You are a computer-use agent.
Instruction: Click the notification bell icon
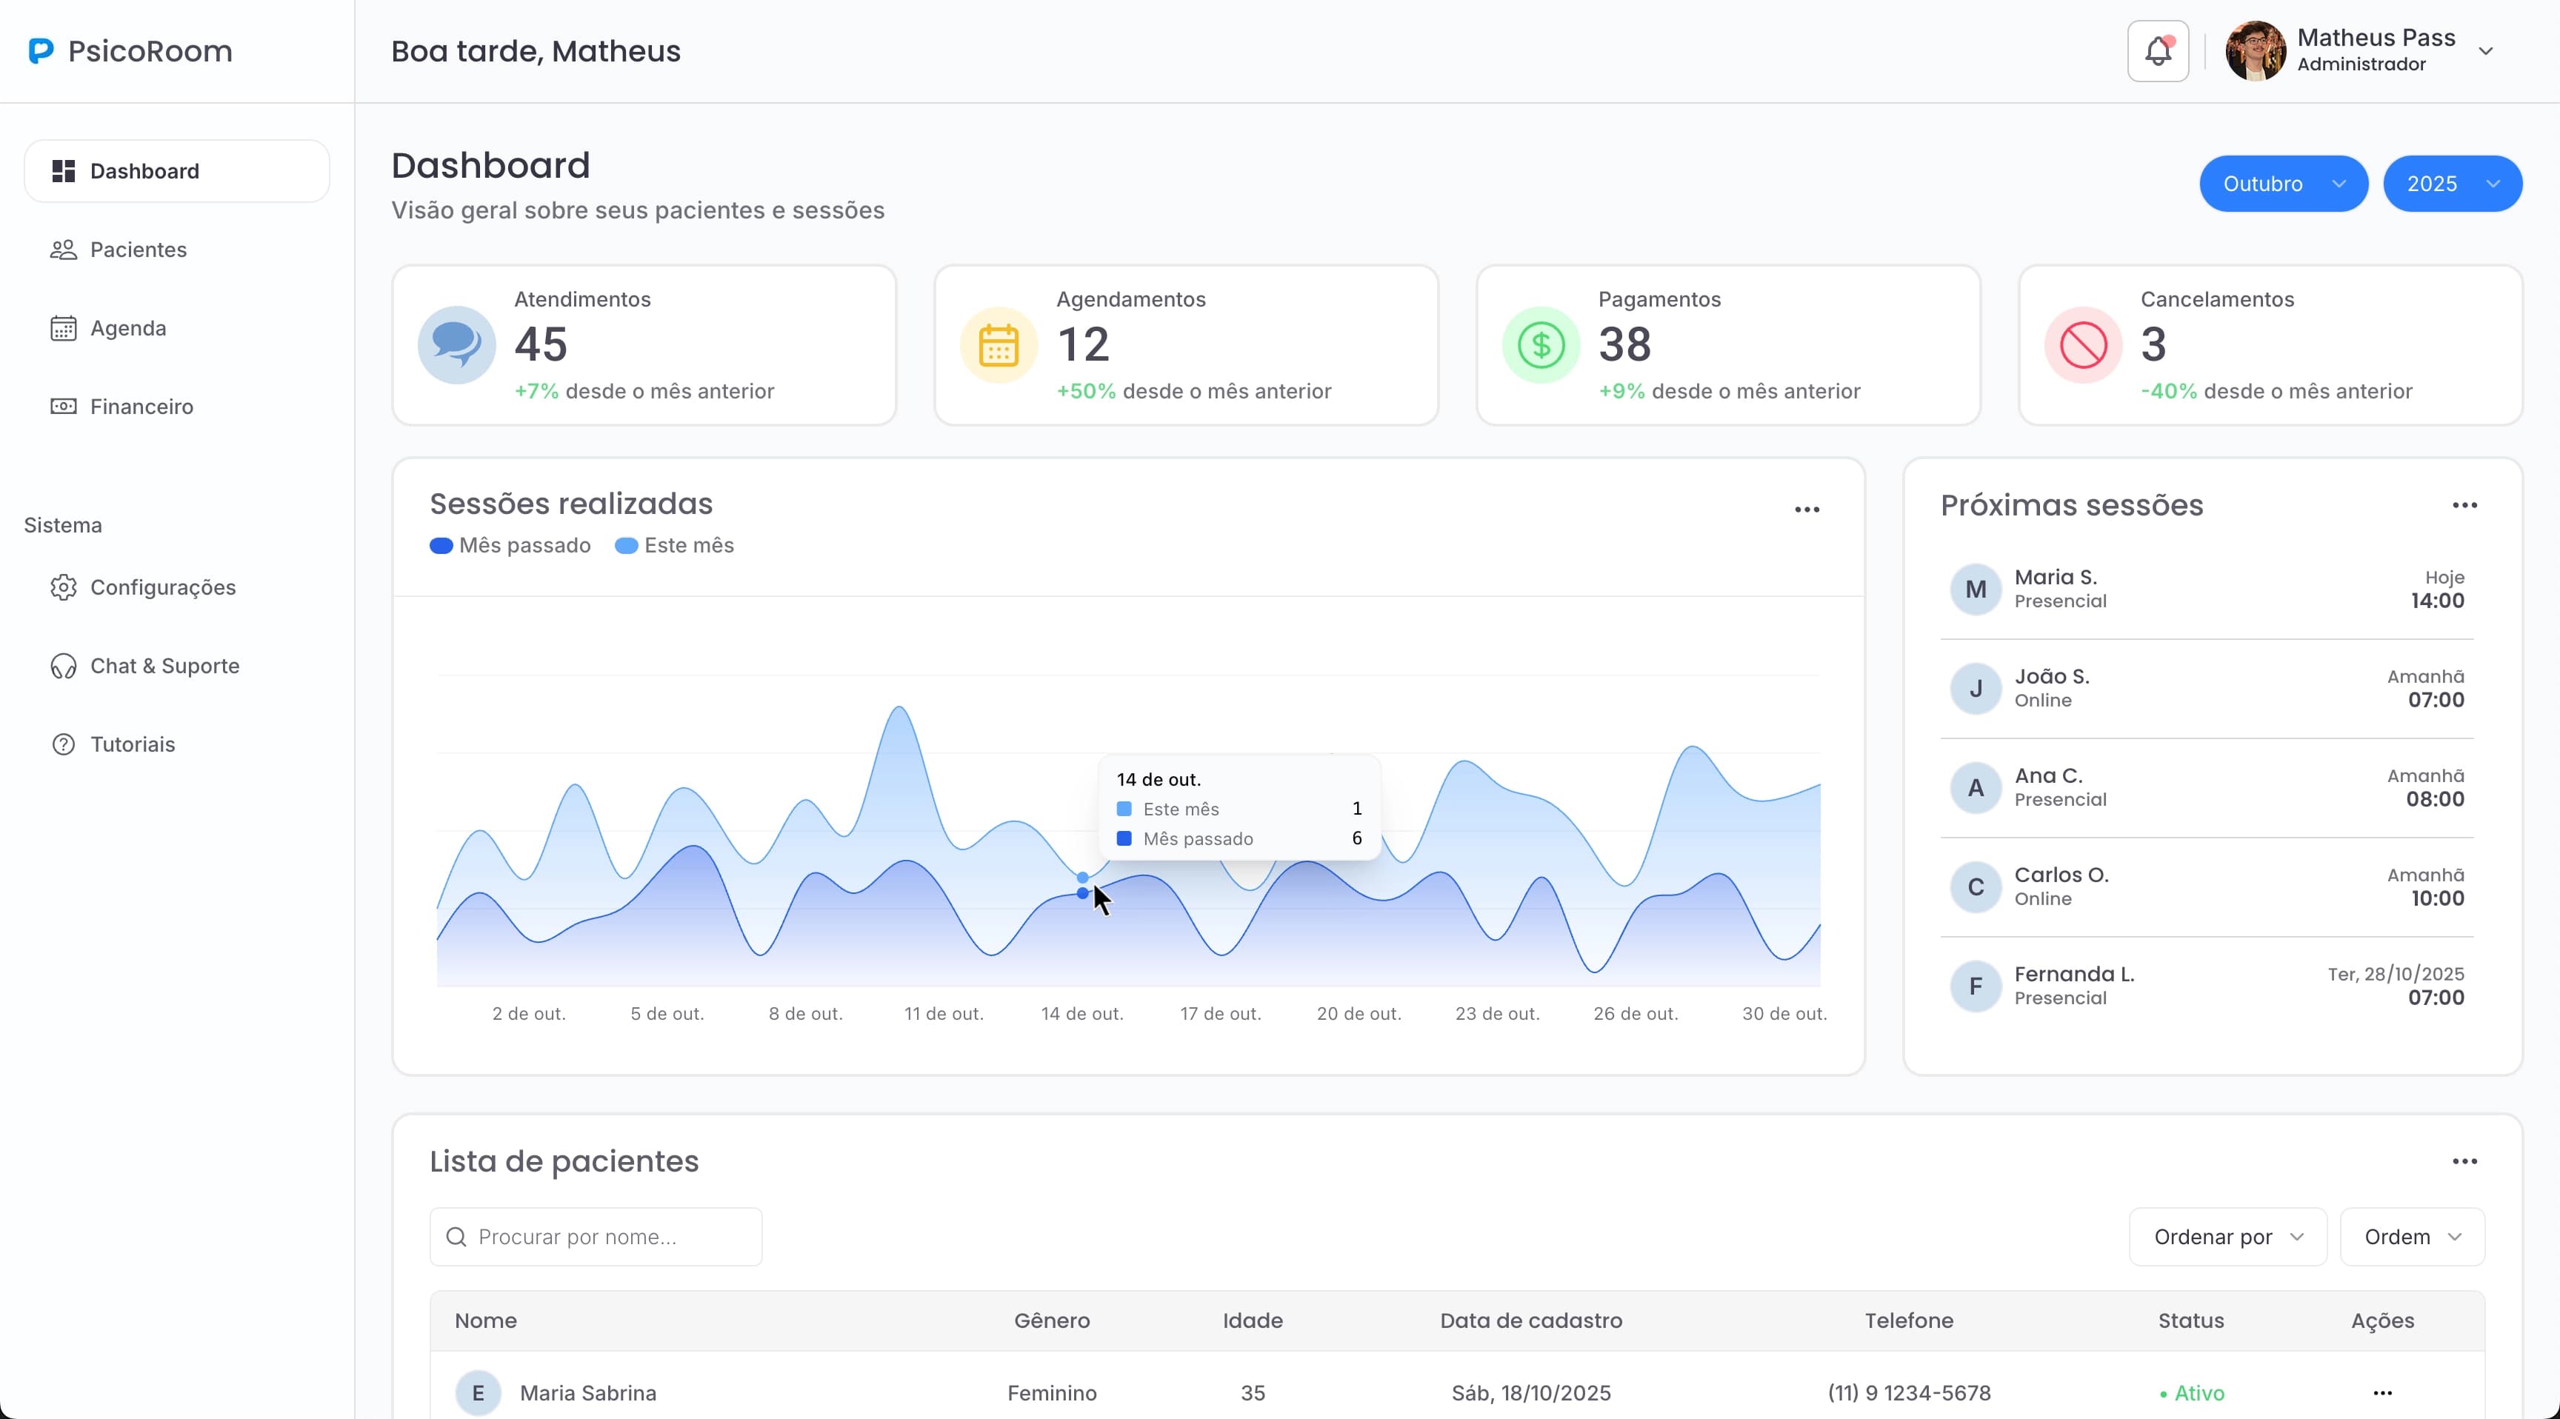point(2158,50)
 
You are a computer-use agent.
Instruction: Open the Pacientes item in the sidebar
point(138,250)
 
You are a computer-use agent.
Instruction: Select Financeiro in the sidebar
point(141,407)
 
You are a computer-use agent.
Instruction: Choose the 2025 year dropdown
point(2452,184)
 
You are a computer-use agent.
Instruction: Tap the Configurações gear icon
point(64,587)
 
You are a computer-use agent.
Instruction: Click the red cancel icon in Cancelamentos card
point(2083,346)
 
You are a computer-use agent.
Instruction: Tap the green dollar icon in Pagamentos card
point(1541,346)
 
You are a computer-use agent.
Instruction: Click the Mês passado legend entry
point(511,546)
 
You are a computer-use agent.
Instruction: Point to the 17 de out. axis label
point(1221,1014)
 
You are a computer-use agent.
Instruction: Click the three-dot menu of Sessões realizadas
point(1807,510)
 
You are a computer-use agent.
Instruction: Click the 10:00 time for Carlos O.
point(2437,898)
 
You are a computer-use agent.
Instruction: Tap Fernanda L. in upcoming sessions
point(2074,974)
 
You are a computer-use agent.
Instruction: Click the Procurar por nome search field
point(596,1237)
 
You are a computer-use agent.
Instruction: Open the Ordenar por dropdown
point(2227,1237)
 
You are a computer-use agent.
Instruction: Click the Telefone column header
point(1908,1320)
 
